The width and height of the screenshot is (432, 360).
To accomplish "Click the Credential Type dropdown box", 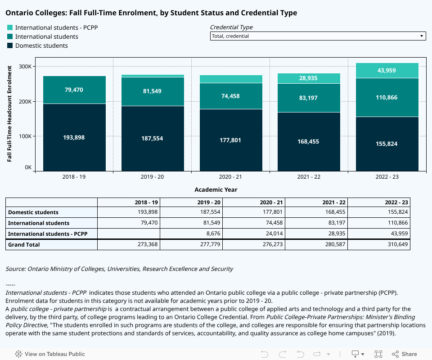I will pyautogui.click(x=318, y=36).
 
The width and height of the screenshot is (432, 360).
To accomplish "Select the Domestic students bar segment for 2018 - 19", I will pyautogui.click(x=74, y=137).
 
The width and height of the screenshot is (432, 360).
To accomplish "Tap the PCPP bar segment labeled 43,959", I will pyautogui.click(x=387, y=71).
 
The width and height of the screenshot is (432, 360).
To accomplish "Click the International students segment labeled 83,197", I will pyautogui.click(x=309, y=98).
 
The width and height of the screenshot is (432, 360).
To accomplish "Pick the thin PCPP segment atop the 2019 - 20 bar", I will pyautogui.click(x=153, y=76).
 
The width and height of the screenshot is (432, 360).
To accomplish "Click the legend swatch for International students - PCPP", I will pyautogui.click(x=10, y=27).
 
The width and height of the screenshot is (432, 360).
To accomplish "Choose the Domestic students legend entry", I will pyautogui.click(x=41, y=45).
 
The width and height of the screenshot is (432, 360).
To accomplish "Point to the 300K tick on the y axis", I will pyautogui.click(x=25, y=67).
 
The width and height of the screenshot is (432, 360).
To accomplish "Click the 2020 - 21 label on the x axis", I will pyautogui.click(x=230, y=177).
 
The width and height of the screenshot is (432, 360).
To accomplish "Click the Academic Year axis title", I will pyautogui.click(x=216, y=189).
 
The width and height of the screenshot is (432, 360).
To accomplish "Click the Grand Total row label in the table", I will pyautogui.click(x=24, y=245).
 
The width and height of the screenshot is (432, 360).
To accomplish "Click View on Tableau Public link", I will pyautogui.click(x=50, y=354).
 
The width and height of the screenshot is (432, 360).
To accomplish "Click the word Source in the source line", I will pyautogui.click(x=15, y=269).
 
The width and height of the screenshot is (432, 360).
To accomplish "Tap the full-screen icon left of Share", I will pyautogui.click(x=378, y=354).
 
